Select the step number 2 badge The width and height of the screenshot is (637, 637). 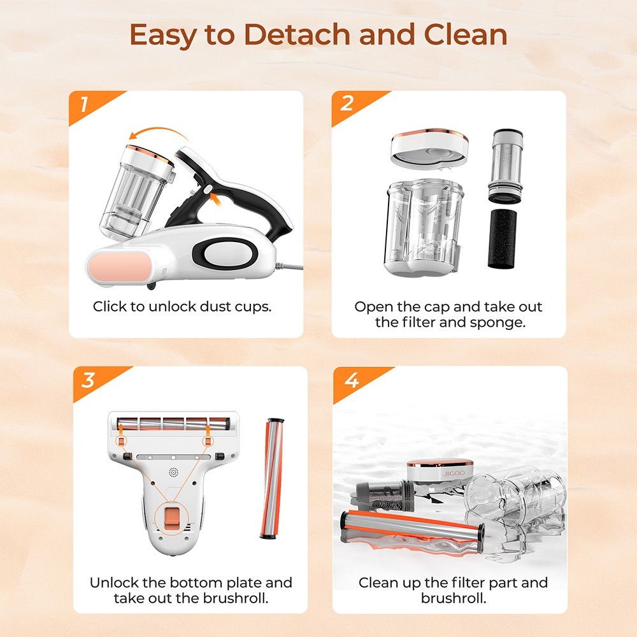(347, 104)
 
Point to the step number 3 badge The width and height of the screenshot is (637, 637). (88, 380)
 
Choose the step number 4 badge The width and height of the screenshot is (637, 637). (351, 380)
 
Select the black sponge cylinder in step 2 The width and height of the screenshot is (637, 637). (502, 238)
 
